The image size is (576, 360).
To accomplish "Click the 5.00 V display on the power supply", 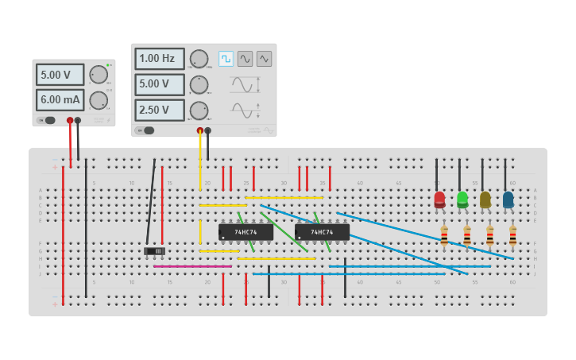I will tap(60, 75).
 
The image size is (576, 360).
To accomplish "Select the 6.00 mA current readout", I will tap(60, 100).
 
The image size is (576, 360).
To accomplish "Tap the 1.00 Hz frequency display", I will tap(159, 59).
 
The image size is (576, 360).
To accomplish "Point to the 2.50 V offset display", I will tap(159, 110).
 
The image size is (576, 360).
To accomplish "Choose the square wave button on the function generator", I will tap(226, 59).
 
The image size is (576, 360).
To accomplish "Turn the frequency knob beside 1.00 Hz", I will tap(199, 59).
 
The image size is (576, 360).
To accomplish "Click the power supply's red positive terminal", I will tap(70, 121).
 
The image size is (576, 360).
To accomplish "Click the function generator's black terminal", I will tap(207, 130).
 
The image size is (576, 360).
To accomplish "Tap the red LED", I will tap(439, 199).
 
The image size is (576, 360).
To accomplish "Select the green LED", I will tap(462, 199).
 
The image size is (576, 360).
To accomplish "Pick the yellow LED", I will tap(485, 199).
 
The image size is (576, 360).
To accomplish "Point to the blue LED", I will tap(508, 199).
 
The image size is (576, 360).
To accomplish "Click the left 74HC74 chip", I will tap(245, 232).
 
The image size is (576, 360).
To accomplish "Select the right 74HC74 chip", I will tap(322, 232).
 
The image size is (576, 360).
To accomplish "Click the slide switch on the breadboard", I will tap(154, 251).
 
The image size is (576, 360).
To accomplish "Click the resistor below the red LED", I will tap(444, 236).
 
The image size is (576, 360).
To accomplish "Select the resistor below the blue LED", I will tap(512, 236).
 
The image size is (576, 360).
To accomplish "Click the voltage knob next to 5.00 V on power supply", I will tap(99, 75).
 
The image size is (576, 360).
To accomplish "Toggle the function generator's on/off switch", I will tap(145, 130).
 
